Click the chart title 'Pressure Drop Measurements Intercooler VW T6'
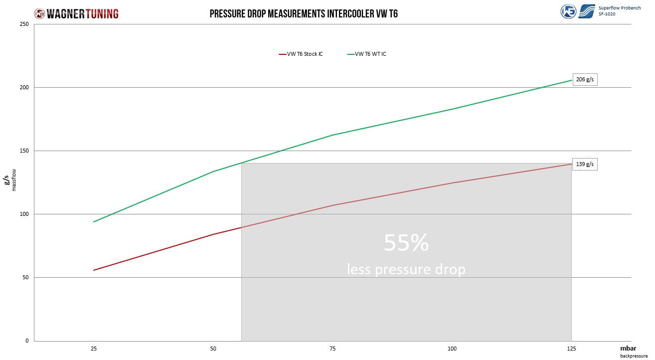[303, 13]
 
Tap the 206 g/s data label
[585, 79]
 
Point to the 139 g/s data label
[585, 164]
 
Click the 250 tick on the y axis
[24, 24]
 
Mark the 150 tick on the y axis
[24, 151]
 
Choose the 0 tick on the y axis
[27, 341]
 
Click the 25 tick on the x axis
[94, 349]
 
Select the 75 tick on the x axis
[333, 349]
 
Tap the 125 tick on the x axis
[572, 349]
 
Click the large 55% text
[406, 243]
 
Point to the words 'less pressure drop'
[406, 269]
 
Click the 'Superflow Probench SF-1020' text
[619, 11]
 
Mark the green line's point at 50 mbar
[213, 172]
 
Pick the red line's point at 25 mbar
[94, 270]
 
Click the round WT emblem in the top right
[568, 11]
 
